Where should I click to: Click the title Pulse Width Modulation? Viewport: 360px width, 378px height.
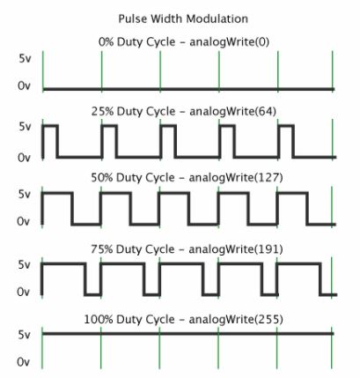(183, 19)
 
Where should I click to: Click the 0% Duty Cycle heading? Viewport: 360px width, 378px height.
(136, 42)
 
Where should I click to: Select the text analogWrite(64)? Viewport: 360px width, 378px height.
(233, 111)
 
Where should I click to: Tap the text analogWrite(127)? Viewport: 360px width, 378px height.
(236, 178)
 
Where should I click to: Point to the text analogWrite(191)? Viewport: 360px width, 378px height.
(236, 249)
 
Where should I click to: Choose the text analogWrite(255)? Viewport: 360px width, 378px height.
(236, 319)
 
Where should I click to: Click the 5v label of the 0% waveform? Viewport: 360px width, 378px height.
(25, 59)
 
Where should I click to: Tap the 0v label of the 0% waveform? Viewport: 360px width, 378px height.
(24, 86)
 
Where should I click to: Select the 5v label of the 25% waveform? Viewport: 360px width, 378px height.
(25, 127)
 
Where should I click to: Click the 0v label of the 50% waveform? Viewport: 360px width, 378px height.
(24, 221)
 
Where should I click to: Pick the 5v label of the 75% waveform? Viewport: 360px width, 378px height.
(25, 265)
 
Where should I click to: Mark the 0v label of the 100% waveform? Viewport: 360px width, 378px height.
(24, 362)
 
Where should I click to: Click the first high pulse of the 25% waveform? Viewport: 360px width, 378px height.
(50, 126)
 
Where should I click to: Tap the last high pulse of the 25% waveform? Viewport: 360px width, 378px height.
(286, 126)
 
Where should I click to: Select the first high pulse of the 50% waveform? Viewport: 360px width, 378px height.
(57, 193)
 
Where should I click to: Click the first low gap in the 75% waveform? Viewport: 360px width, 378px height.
(92, 294)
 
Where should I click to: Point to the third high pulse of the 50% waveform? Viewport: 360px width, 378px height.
(173, 193)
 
